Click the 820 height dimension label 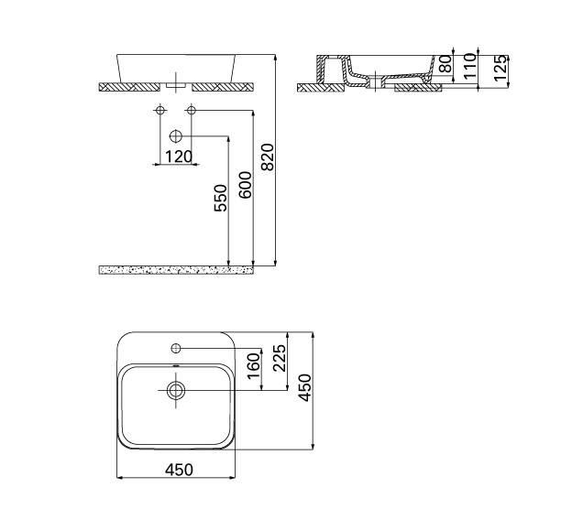click(x=268, y=157)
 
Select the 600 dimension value click(x=246, y=185)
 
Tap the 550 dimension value click(x=221, y=199)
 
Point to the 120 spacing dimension click(x=178, y=157)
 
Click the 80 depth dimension click(x=445, y=63)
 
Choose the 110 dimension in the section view click(x=470, y=66)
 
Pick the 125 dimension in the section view click(x=500, y=68)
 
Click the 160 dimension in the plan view click(x=253, y=365)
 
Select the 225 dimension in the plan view click(x=280, y=358)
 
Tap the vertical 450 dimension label click(x=305, y=388)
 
